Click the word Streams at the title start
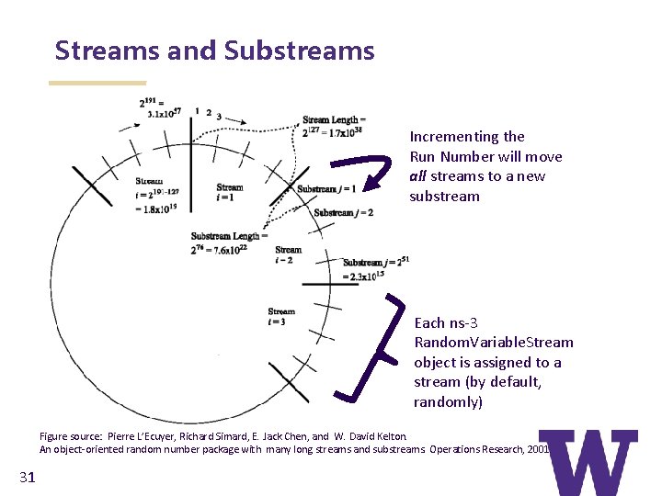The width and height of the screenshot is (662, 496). [x=108, y=50]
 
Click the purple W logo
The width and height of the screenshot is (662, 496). [x=588, y=463]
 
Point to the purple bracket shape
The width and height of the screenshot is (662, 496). [x=372, y=349]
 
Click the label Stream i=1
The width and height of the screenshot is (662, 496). [x=229, y=192]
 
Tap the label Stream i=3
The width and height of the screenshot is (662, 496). [x=281, y=316]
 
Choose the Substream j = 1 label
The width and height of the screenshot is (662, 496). [x=325, y=189]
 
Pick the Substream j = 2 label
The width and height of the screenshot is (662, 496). [x=343, y=213]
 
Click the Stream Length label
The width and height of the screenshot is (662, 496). [x=334, y=125]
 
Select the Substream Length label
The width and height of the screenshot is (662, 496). [x=229, y=242]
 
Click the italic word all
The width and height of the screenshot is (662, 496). [x=419, y=176]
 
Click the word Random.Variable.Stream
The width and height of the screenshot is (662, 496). [x=494, y=343]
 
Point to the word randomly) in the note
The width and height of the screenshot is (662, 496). [x=447, y=402]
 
